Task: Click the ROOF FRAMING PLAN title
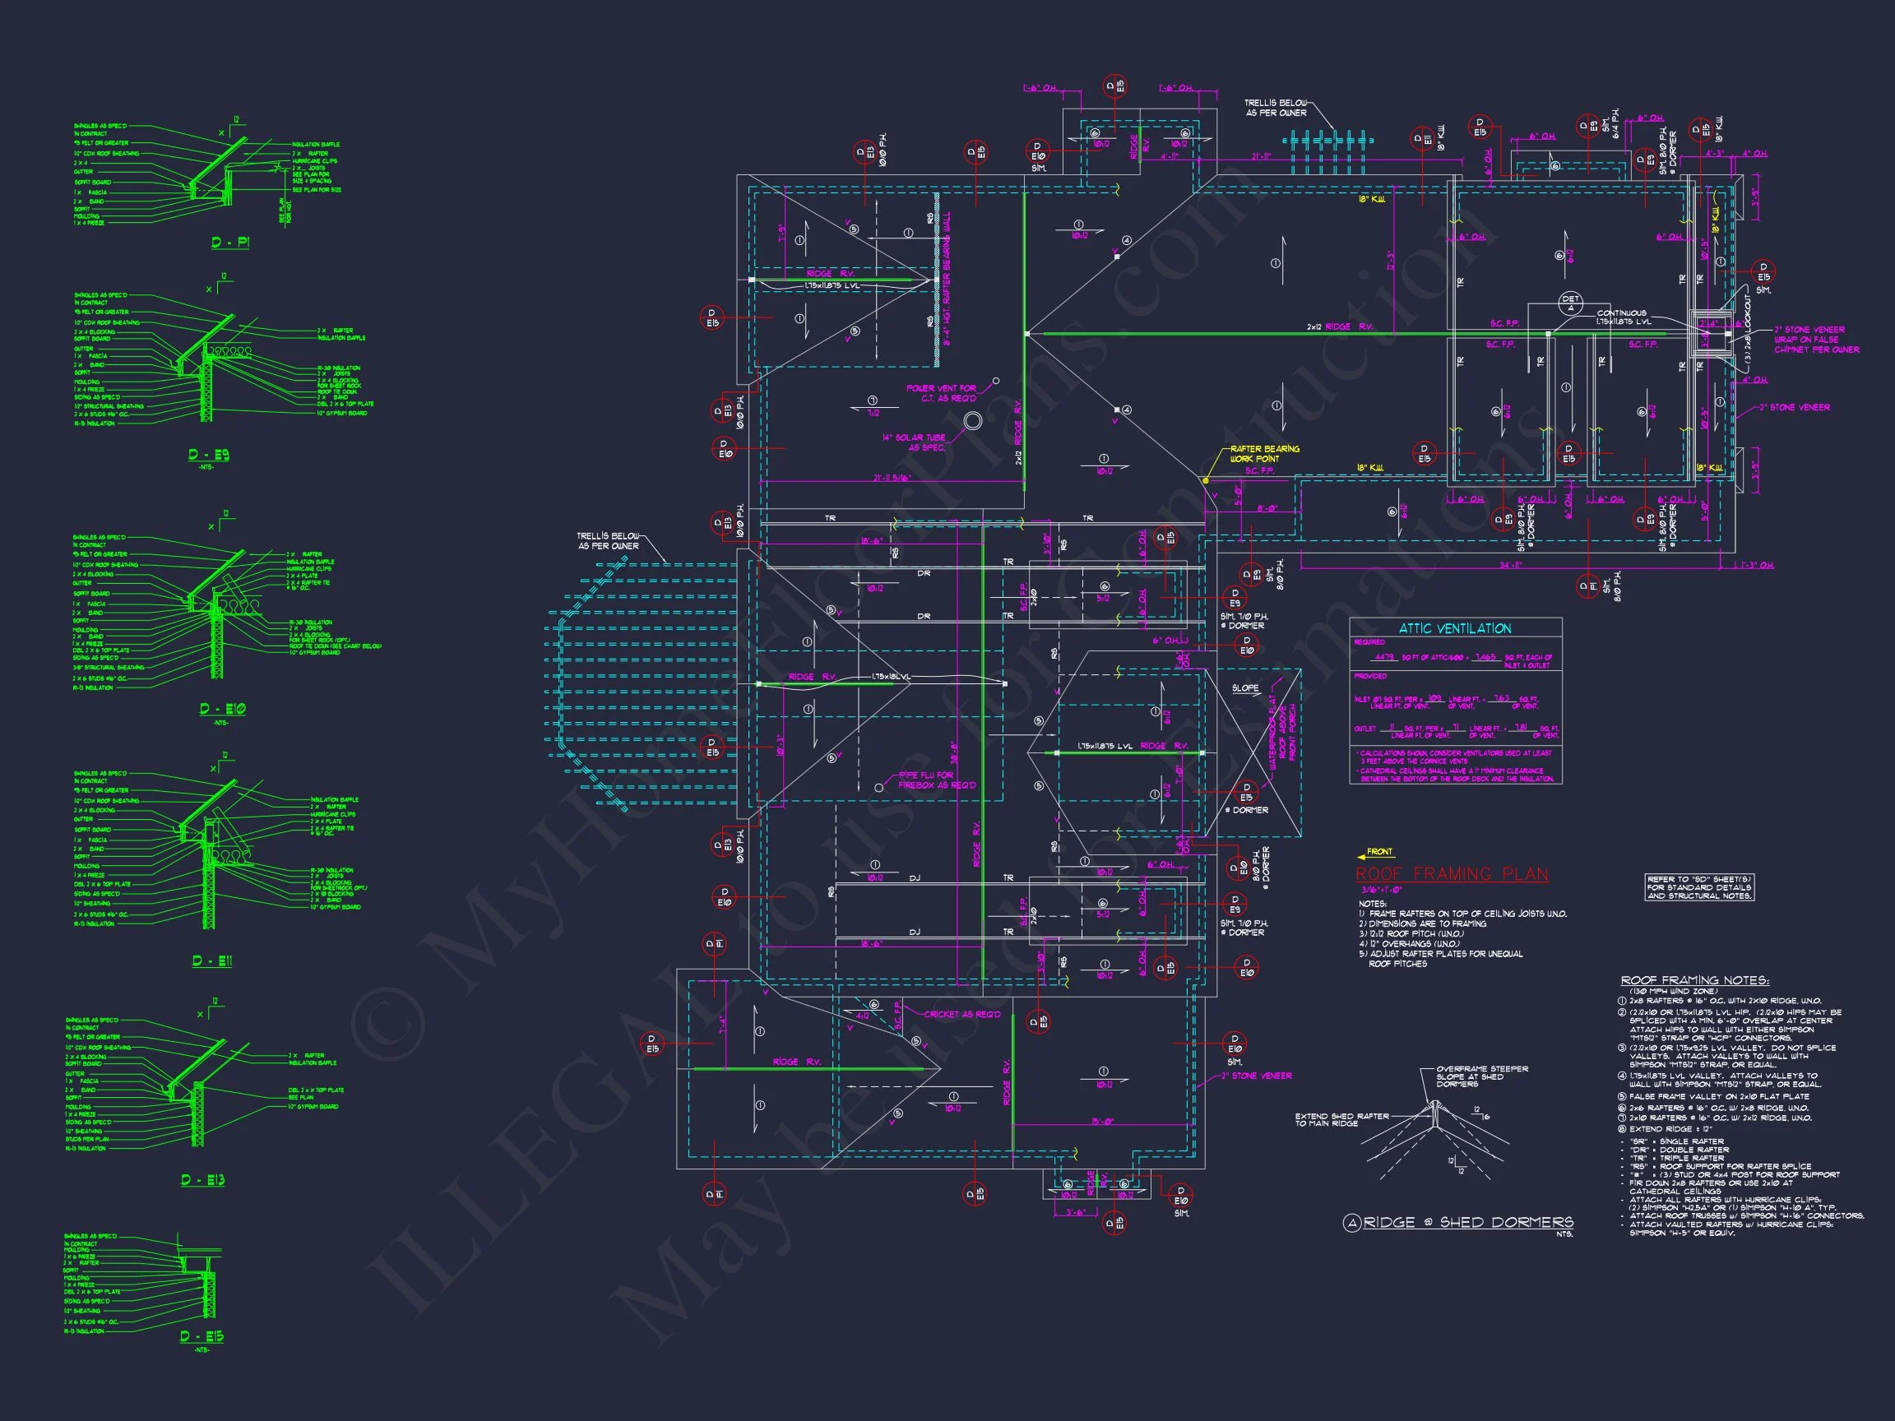pos(1451,873)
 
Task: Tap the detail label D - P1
pos(230,243)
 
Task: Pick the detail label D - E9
pos(209,455)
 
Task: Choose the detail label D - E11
pos(211,961)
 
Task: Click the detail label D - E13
pos(203,1180)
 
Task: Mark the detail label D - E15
pos(202,1336)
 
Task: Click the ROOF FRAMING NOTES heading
pos(1694,980)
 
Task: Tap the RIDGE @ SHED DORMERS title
pos(1467,1222)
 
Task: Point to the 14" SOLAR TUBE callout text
pos(914,442)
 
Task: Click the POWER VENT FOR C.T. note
pos(941,393)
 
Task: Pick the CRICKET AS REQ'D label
pos(961,1014)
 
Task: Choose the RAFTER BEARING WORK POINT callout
pos(1264,454)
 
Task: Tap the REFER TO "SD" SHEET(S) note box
pos(1698,887)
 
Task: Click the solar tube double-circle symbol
pos(972,420)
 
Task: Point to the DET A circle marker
pos(1569,303)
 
